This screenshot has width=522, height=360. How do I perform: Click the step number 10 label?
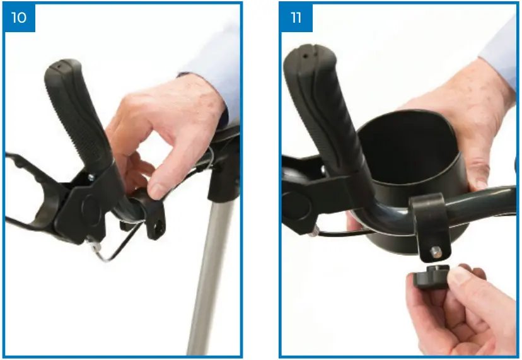pos(19,17)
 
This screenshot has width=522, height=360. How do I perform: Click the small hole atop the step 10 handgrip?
pos(57,64)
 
